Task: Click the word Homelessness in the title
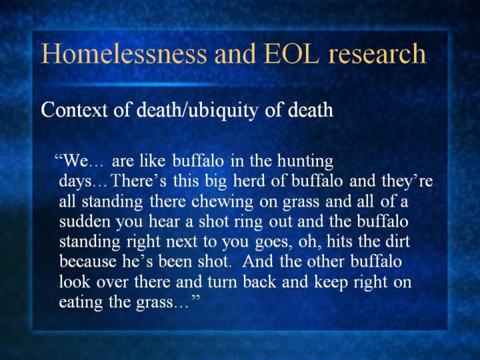[124, 53]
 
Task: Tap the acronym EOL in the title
[291, 53]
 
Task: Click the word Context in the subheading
[75, 109]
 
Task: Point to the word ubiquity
[223, 111]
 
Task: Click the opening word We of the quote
[75, 161]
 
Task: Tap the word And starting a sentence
[257, 261]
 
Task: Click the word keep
[331, 282]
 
